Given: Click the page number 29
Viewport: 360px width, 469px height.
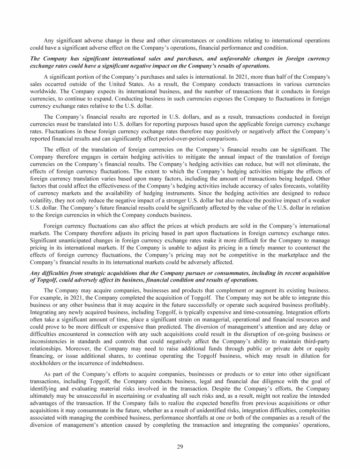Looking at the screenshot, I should point(180,446).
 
